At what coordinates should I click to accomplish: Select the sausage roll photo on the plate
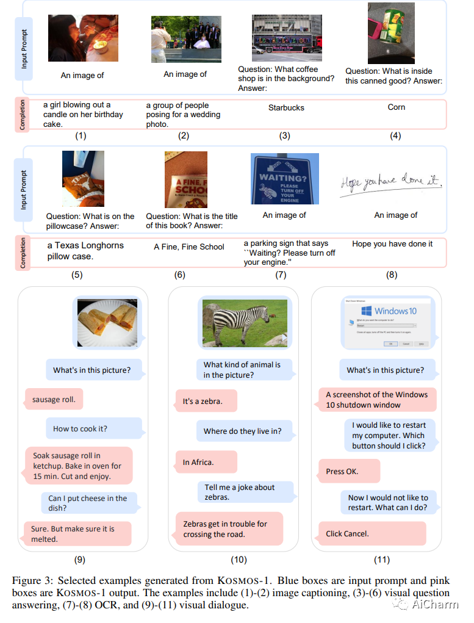[x=107, y=323]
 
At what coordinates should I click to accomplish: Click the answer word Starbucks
[x=286, y=107]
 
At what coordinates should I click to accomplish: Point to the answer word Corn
[x=396, y=107]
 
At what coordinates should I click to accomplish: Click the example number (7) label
[x=281, y=275]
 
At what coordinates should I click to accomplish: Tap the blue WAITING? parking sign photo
[x=285, y=178]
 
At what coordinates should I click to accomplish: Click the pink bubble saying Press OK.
[x=348, y=471]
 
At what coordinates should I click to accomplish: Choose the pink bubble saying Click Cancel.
[x=372, y=533]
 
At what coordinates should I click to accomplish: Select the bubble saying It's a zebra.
[x=206, y=401]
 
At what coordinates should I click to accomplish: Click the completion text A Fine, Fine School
[x=189, y=247]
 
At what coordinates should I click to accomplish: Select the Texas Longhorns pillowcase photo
[x=83, y=179]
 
